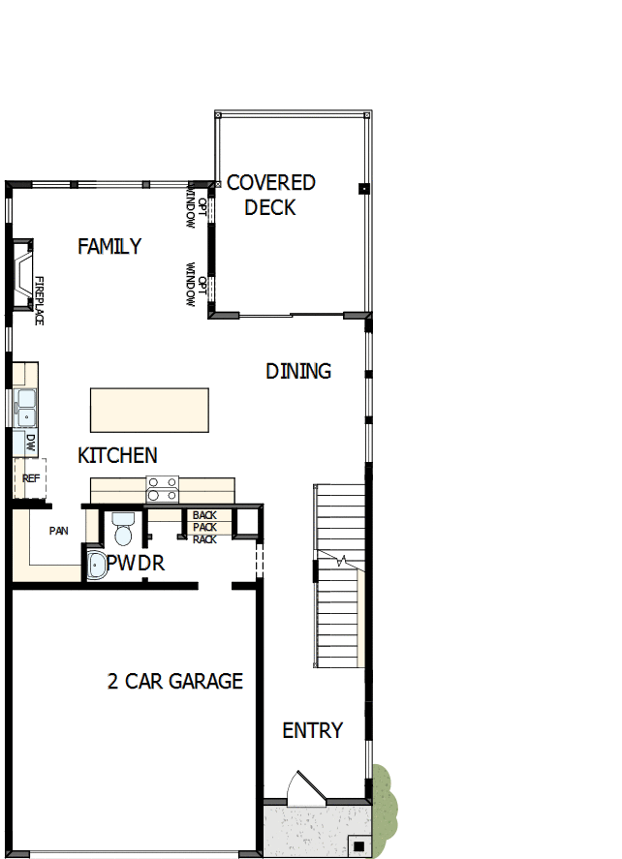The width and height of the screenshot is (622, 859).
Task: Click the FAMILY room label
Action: click(109, 247)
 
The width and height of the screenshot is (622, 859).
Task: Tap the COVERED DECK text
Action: click(270, 195)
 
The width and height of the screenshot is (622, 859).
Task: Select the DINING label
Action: click(298, 371)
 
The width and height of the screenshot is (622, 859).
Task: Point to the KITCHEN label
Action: click(117, 455)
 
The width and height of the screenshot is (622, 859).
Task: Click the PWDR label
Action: click(136, 564)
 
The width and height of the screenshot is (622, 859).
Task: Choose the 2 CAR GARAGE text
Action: click(174, 682)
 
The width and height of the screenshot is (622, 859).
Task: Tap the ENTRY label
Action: click(312, 730)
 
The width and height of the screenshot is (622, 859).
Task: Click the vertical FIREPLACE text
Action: click(40, 300)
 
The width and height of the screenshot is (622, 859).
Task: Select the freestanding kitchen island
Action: click(149, 410)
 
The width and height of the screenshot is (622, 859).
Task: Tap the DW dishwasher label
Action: click(31, 444)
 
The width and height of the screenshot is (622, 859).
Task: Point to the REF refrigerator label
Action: click(30, 478)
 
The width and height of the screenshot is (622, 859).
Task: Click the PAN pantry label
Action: click(58, 531)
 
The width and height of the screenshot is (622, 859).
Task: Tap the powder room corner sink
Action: click(96, 566)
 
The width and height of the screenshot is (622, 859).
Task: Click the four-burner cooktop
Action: click(162, 489)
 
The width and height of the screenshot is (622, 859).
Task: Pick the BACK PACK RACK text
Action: click(204, 527)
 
